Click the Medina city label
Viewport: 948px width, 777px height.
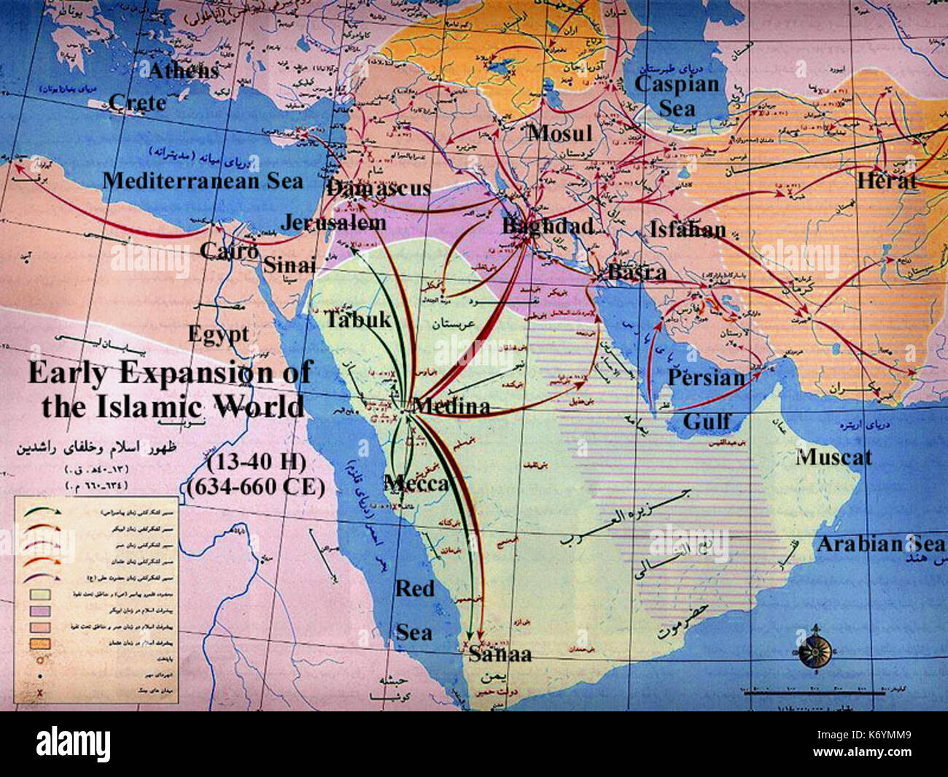coord(451,406)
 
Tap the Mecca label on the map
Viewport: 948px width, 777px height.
coord(416,483)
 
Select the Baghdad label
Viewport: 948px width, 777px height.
coord(548,226)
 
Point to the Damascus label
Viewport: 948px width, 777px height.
coord(378,188)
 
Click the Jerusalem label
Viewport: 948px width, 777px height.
coord(333,223)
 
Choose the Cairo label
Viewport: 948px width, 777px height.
coord(229,251)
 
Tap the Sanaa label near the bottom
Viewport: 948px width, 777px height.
coord(500,654)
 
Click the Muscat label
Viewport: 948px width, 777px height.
coord(834,457)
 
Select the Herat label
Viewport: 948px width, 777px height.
coord(887,181)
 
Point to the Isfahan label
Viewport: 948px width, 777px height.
coord(688,230)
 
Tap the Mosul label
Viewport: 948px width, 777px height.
coord(560,133)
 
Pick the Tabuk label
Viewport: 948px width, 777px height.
coord(358,320)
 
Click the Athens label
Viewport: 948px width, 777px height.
coord(184,70)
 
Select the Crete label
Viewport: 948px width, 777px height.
coord(137,102)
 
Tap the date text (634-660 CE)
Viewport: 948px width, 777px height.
coord(255,487)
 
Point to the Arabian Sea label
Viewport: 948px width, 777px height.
coord(880,544)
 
